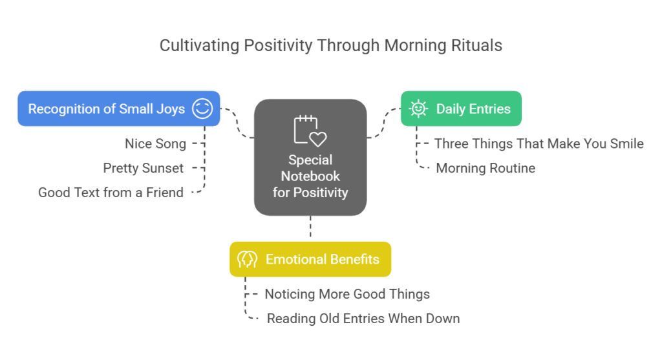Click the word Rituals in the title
pos(476,45)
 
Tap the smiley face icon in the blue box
pos(202,109)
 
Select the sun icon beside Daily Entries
pos(418,109)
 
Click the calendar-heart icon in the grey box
pos(310,131)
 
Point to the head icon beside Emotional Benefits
pos(247,259)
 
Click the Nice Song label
pos(155,144)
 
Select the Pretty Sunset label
pos(143,169)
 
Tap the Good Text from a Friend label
pos(111,193)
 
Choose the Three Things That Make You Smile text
pos(539,144)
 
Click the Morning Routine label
pos(486,169)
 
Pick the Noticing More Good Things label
pos(347,294)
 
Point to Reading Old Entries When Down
pos(363,319)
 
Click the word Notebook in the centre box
pos(310,176)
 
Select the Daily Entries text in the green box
pos(473,109)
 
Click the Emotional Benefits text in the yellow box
pos(322,259)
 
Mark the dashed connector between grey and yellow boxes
pos(310,227)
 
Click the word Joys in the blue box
pos(171,109)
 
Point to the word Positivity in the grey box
pos(321,193)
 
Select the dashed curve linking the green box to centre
pos(384,123)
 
